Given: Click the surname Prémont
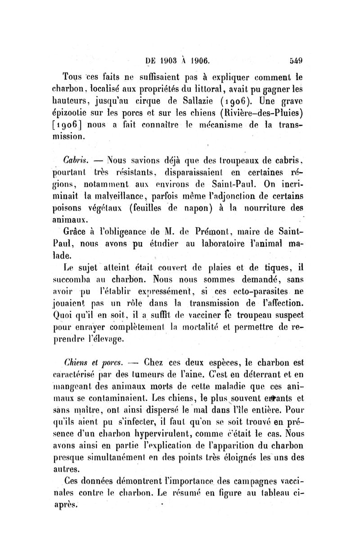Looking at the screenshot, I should [210, 233].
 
